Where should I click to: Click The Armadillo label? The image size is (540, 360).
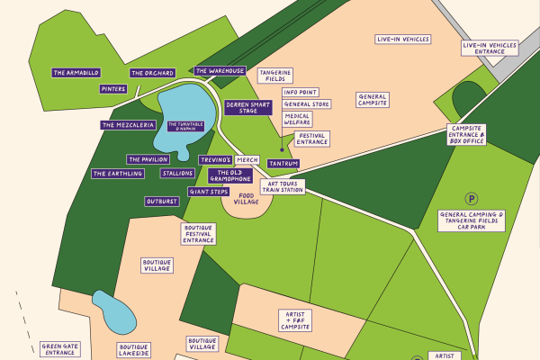[76, 73]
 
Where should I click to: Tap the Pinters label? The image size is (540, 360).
[113, 89]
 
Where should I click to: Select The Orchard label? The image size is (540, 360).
[152, 73]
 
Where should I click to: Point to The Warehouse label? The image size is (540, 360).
[220, 70]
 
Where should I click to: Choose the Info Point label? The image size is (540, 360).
[300, 92]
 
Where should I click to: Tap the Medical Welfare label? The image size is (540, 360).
[298, 120]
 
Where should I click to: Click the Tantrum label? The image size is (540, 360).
[283, 164]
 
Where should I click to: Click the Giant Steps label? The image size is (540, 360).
[209, 192]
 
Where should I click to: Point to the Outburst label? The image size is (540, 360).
[162, 202]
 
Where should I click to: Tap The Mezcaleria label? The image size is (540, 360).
[129, 125]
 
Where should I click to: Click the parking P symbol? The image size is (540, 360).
[470, 197]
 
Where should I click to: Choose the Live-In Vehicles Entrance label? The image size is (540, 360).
[490, 49]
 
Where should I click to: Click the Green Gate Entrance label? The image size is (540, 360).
[59, 348]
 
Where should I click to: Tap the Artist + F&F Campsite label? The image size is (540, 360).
[294, 319]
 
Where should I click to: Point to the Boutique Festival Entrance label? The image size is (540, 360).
[199, 234]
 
